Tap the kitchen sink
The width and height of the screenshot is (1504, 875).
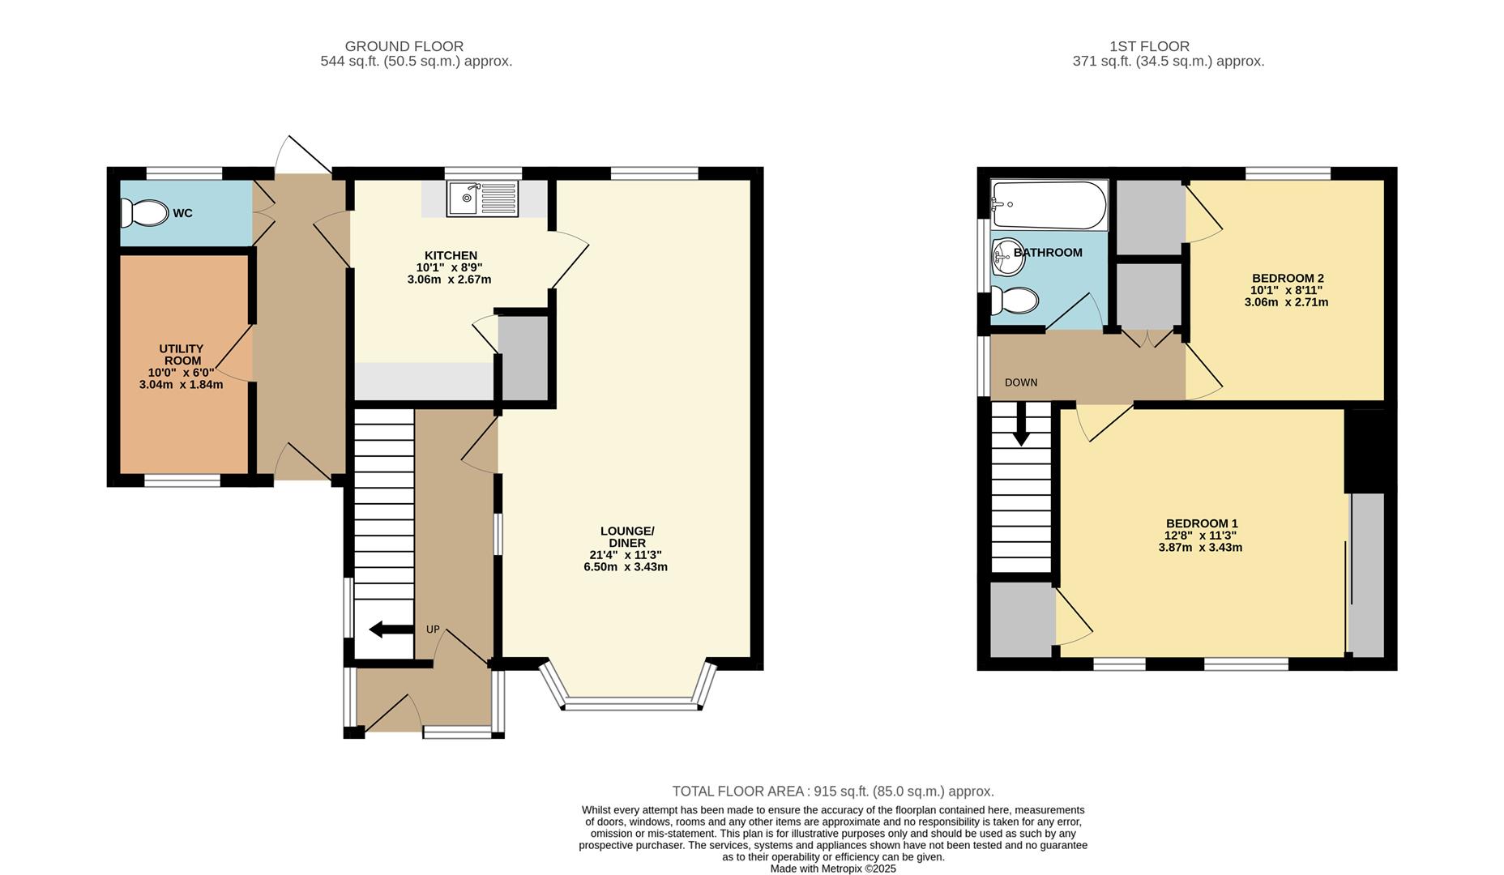click(482, 198)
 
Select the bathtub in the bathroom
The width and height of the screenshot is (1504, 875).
click(1049, 205)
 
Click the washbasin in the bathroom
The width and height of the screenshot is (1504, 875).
click(1008, 256)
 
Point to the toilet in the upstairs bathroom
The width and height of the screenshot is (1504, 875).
click(1015, 301)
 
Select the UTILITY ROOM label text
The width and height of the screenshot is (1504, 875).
click(181, 355)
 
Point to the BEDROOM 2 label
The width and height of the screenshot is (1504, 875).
click(1287, 278)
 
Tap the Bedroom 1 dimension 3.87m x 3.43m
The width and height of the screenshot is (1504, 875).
click(1200, 548)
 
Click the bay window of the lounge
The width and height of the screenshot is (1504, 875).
click(630, 703)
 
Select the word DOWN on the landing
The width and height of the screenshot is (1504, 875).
click(1020, 382)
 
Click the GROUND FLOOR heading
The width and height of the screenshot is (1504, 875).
click(404, 46)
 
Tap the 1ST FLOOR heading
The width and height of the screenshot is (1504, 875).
click(1149, 46)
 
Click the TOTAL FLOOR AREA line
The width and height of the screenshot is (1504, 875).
click(832, 792)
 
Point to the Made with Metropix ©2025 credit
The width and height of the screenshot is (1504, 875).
click(832, 869)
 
